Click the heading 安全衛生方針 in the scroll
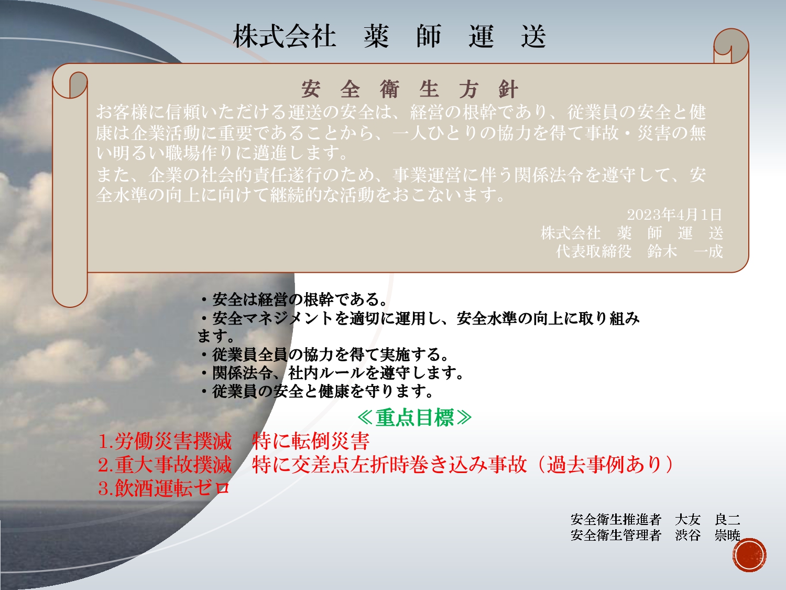tap(409, 89)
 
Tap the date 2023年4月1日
tap(674, 214)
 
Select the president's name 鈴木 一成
tap(685, 252)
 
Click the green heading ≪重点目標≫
tap(414, 417)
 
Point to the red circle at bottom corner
tap(749, 555)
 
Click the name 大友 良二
tap(707, 519)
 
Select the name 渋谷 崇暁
tap(707, 535)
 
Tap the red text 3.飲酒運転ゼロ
tap(163, 488)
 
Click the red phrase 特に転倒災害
tap(310, 441)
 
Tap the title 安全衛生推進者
tap(616, 519)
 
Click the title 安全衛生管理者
tap(616, 535)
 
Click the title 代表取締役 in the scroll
tap(593, 252)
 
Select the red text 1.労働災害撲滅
tap(165, 441)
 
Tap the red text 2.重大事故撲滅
tap(165, 465)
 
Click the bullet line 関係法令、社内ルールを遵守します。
tap(331, 373)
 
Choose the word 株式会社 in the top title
tap(285, 36)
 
